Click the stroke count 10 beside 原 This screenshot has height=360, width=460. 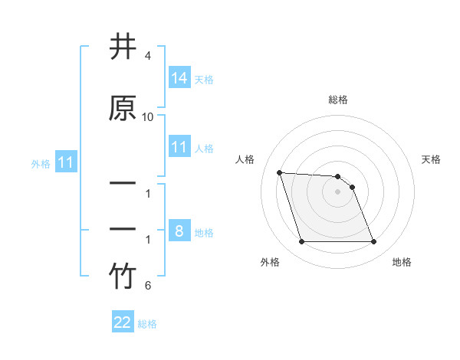148,116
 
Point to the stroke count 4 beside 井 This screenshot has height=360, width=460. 148,56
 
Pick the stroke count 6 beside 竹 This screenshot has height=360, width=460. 148,286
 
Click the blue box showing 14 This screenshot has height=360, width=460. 179,77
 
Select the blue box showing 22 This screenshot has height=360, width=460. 123,322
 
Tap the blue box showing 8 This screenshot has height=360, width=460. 179,231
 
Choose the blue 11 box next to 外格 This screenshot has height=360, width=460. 66,162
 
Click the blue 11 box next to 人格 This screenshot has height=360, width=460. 179,147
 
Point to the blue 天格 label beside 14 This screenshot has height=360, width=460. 204,79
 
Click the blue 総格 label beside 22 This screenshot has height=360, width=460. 147,324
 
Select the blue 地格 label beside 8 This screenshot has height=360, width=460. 204,233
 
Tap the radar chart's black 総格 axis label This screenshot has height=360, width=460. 338,100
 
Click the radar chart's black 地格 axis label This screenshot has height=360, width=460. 402,263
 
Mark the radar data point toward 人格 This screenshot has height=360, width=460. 280,172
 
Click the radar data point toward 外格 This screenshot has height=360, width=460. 301,242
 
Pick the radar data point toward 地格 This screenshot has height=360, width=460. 373,242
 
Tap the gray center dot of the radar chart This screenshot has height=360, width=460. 338,191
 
